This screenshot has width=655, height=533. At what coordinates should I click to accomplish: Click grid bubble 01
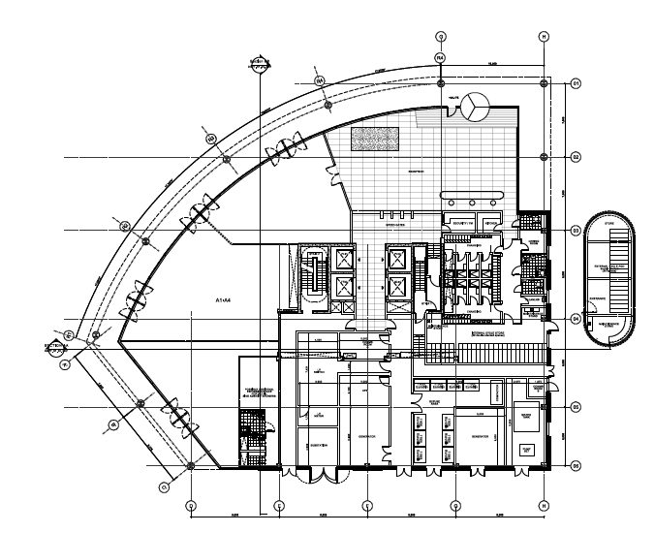[575, 83]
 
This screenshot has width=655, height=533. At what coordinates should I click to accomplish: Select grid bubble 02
[575, 157]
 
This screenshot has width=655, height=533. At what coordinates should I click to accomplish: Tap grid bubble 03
[575, 231]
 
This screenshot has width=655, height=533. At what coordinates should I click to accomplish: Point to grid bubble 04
[575, 319]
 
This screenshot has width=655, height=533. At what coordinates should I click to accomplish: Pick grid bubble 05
[575, 407]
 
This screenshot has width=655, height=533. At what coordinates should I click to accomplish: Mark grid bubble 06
[575, 466]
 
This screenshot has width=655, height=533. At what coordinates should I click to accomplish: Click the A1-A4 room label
[224, 301]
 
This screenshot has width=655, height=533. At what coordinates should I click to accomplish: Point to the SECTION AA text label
[56, 343]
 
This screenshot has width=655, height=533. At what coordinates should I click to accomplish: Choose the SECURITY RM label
[461, 222]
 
